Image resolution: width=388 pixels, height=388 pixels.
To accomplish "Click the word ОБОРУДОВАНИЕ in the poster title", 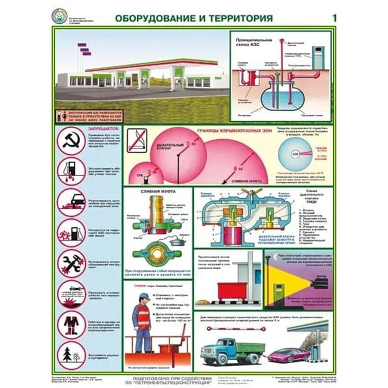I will tap(148, 18).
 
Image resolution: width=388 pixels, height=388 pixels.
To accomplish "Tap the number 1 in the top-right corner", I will tap(334, 18).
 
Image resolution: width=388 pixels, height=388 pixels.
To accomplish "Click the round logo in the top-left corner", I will tap(59, 16).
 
